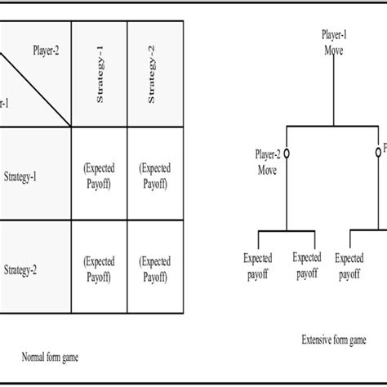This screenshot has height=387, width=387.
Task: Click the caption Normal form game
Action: pyautogui.click(x=51, y=357)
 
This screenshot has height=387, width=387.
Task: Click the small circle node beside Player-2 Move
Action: pyautogui.click(x=286, y=153)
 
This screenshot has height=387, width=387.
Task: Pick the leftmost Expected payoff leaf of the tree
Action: pyautogui.click(x=258, y=265)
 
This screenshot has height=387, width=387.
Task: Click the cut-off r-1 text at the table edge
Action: pyautogui.click(x=4, y=103)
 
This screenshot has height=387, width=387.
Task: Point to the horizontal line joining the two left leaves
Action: pyautogui.click(x=286, y=229)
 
